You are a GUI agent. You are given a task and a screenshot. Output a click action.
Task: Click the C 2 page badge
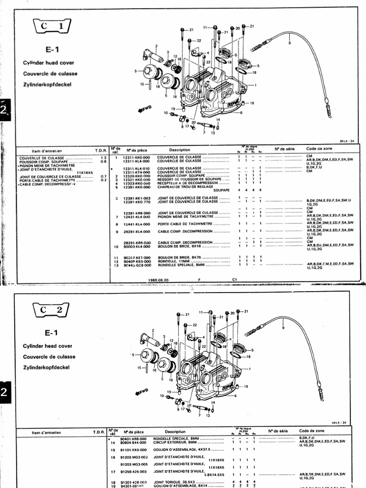(51, 310)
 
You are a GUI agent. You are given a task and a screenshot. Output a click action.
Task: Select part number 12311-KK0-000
(137, 157)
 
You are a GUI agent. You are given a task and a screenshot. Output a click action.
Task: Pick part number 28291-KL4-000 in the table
(137, 232)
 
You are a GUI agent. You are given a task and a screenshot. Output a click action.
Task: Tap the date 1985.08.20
(159, 280)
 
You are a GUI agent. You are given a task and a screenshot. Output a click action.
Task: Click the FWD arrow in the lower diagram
(143, 391)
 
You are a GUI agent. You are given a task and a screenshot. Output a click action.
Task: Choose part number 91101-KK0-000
(136, 449)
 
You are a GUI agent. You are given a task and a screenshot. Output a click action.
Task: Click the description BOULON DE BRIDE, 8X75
(177, 257)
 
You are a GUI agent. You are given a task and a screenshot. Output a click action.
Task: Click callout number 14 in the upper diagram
(219, 119)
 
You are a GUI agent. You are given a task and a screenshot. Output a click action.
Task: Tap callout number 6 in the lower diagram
(235, 396)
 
